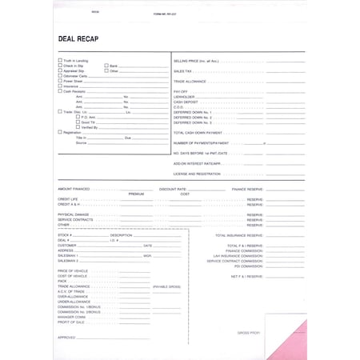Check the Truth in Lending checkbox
pos(60,60)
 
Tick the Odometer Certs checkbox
pos(60,76)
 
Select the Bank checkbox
pos(106,66)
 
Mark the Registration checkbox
pos(60,133)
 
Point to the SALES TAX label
pos(183,70)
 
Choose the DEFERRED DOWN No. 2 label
pos(192,117)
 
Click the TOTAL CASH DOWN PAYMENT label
pos(198,132)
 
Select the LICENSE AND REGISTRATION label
pos(197,173)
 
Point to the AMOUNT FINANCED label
pos(74,189)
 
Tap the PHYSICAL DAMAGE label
pos(73,214)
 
